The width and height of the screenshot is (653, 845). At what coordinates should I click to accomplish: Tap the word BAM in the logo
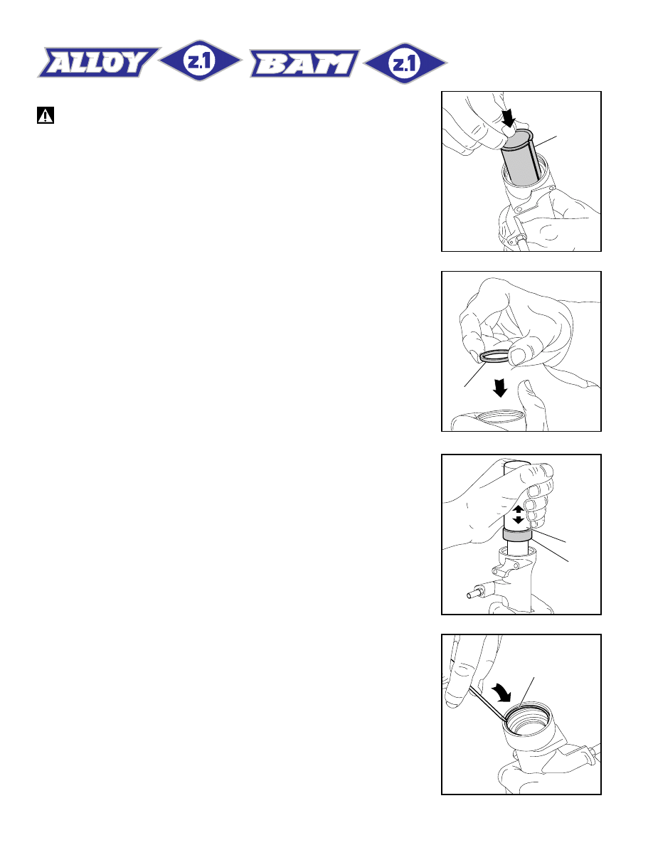[x=304, y=63]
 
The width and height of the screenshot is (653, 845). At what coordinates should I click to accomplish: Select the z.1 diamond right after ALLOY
[x=200, y=60]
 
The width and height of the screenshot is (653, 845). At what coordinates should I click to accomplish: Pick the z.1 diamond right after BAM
[x=405, y=63]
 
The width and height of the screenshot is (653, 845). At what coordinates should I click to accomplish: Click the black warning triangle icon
[x=46, y=115]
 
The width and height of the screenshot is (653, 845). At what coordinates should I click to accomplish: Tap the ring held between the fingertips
[x=495, y=356]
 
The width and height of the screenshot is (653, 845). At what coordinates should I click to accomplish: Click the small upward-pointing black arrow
[x=518, y=508]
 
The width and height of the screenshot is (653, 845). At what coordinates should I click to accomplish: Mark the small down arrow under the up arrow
[x=519, y=519]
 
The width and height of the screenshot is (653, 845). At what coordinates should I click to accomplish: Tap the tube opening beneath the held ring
[x=501, y=415]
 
